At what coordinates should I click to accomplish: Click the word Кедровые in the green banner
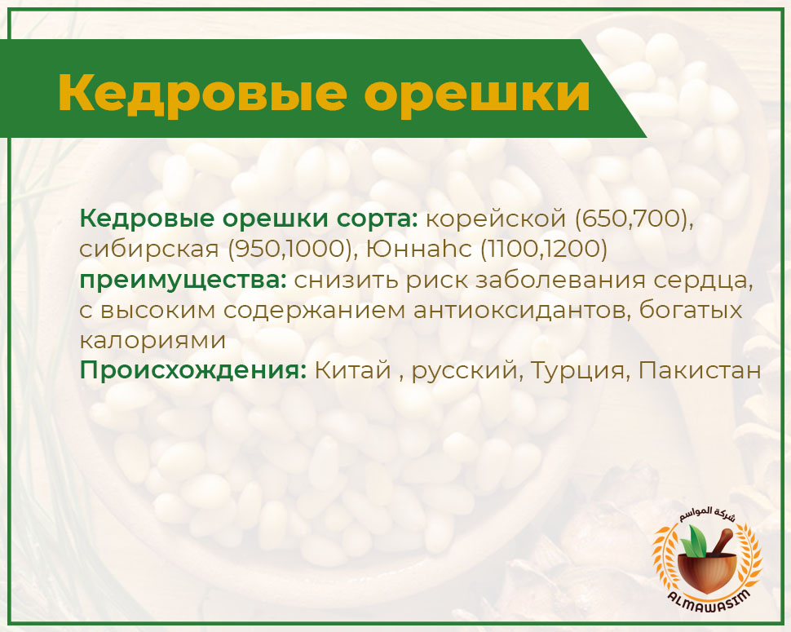pyautogui.click(x=203, y=93)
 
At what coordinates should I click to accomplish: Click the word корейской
pyautogui.click(x=497, y=219)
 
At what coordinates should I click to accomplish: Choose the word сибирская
pyautogui.click(x=148, y=250)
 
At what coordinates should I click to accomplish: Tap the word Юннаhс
pyautogui.click(x=418, y=250)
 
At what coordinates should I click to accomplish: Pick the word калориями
pyautogui.click(x=152, y=341)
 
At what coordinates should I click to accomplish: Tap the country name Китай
pyautogui.click(x=353, y=370)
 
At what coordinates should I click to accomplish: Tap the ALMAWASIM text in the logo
pyautogui.click(x=709, y=601)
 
